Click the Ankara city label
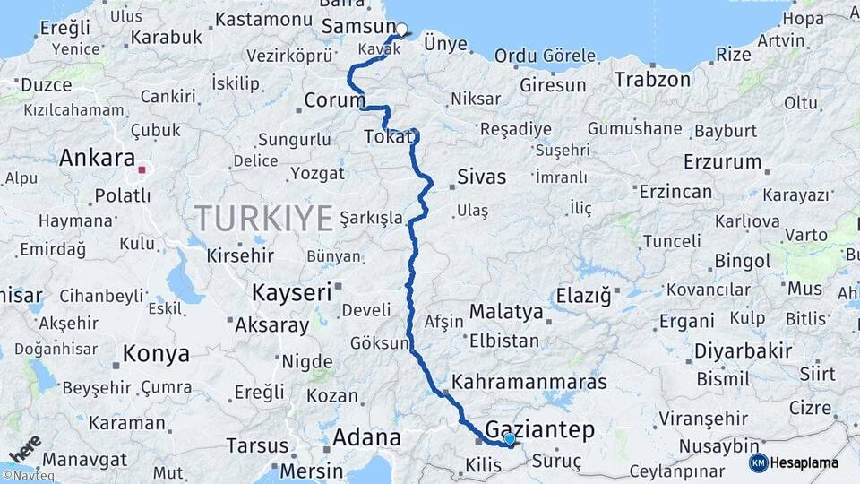click(x=97, y=159)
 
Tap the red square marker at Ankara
click(x=142, y=169)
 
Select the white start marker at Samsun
click(x=401, y=29)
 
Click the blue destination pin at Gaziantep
click(x=509, y=439)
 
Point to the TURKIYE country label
click(x=264, y=217)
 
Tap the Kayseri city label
click(x=292, y=292)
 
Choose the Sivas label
click(x=481, y=177)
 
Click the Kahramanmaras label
click(x=529, y=382)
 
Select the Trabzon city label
click(x=652, y=79)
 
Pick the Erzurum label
click(x=721, y=162)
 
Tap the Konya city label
click(x=156, y=353)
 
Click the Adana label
click(x=366, y=437)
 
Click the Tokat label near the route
click(x=388, y=136)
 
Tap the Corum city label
click(x=335, y=99)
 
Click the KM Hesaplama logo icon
click(x=758, y=462)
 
